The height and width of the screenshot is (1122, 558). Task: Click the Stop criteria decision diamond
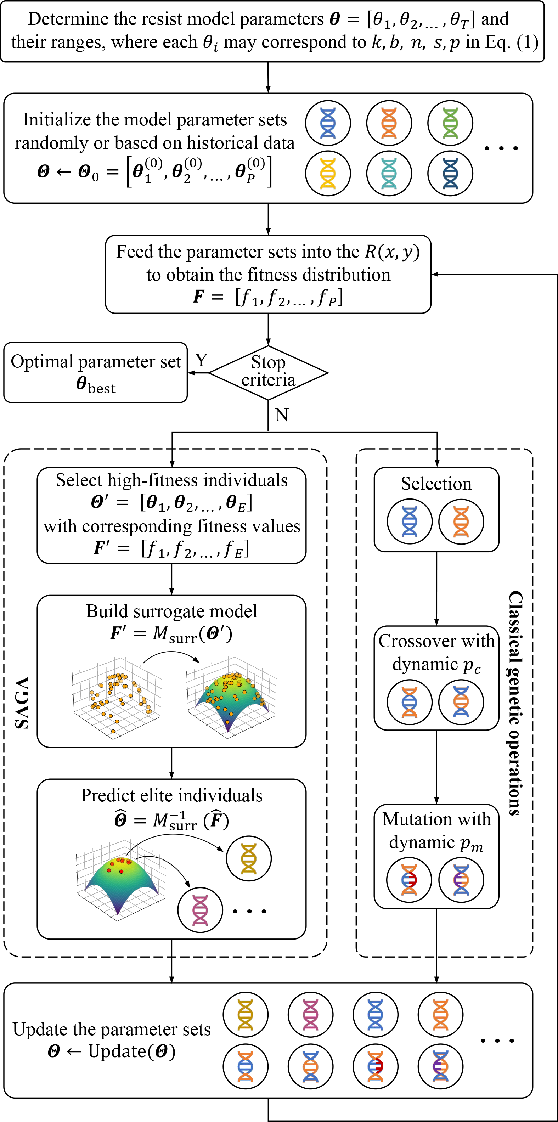[268, 372]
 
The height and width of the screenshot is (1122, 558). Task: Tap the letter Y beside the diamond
[201, 361]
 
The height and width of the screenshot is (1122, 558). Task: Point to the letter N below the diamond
[282, 415]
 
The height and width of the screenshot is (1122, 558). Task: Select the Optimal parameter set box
[95, 373]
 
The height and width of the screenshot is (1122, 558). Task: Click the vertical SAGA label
[23, 703]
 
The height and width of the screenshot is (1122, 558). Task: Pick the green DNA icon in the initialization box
[450, 123]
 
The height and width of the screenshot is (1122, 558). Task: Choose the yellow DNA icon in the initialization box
[328, 173]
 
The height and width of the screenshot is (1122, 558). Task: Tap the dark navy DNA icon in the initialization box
[450, 173]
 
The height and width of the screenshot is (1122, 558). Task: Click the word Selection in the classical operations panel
[436, 484]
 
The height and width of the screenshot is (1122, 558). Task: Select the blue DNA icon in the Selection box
[410, 521]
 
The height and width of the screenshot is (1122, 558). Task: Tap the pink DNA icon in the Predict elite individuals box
[200, 910]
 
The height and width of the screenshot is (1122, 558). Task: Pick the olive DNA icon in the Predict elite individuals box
[249, 859]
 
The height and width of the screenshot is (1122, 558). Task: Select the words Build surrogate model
[171, 611]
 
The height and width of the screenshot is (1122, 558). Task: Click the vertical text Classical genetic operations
[515, 703]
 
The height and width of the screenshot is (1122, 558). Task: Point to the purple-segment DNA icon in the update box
[440, 1066]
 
